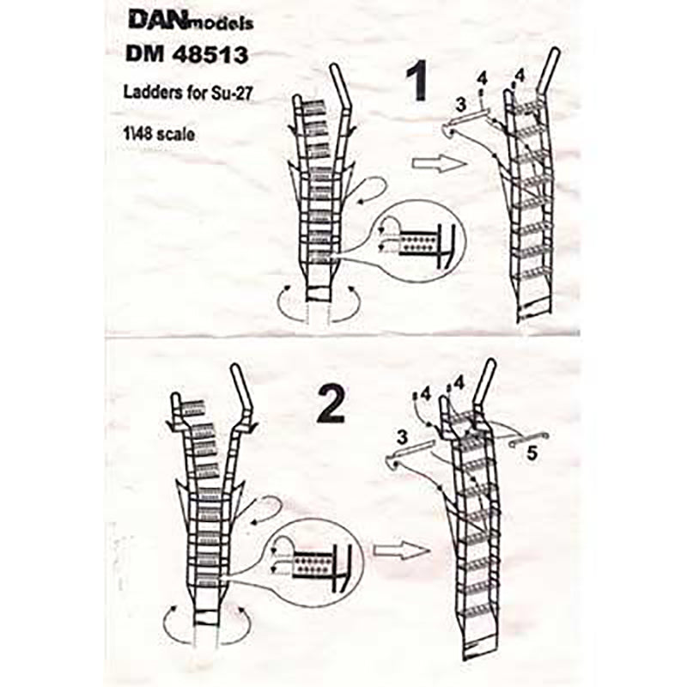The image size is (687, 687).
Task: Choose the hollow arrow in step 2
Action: [402, 550]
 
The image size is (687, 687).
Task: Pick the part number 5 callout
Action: [532, 453]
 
